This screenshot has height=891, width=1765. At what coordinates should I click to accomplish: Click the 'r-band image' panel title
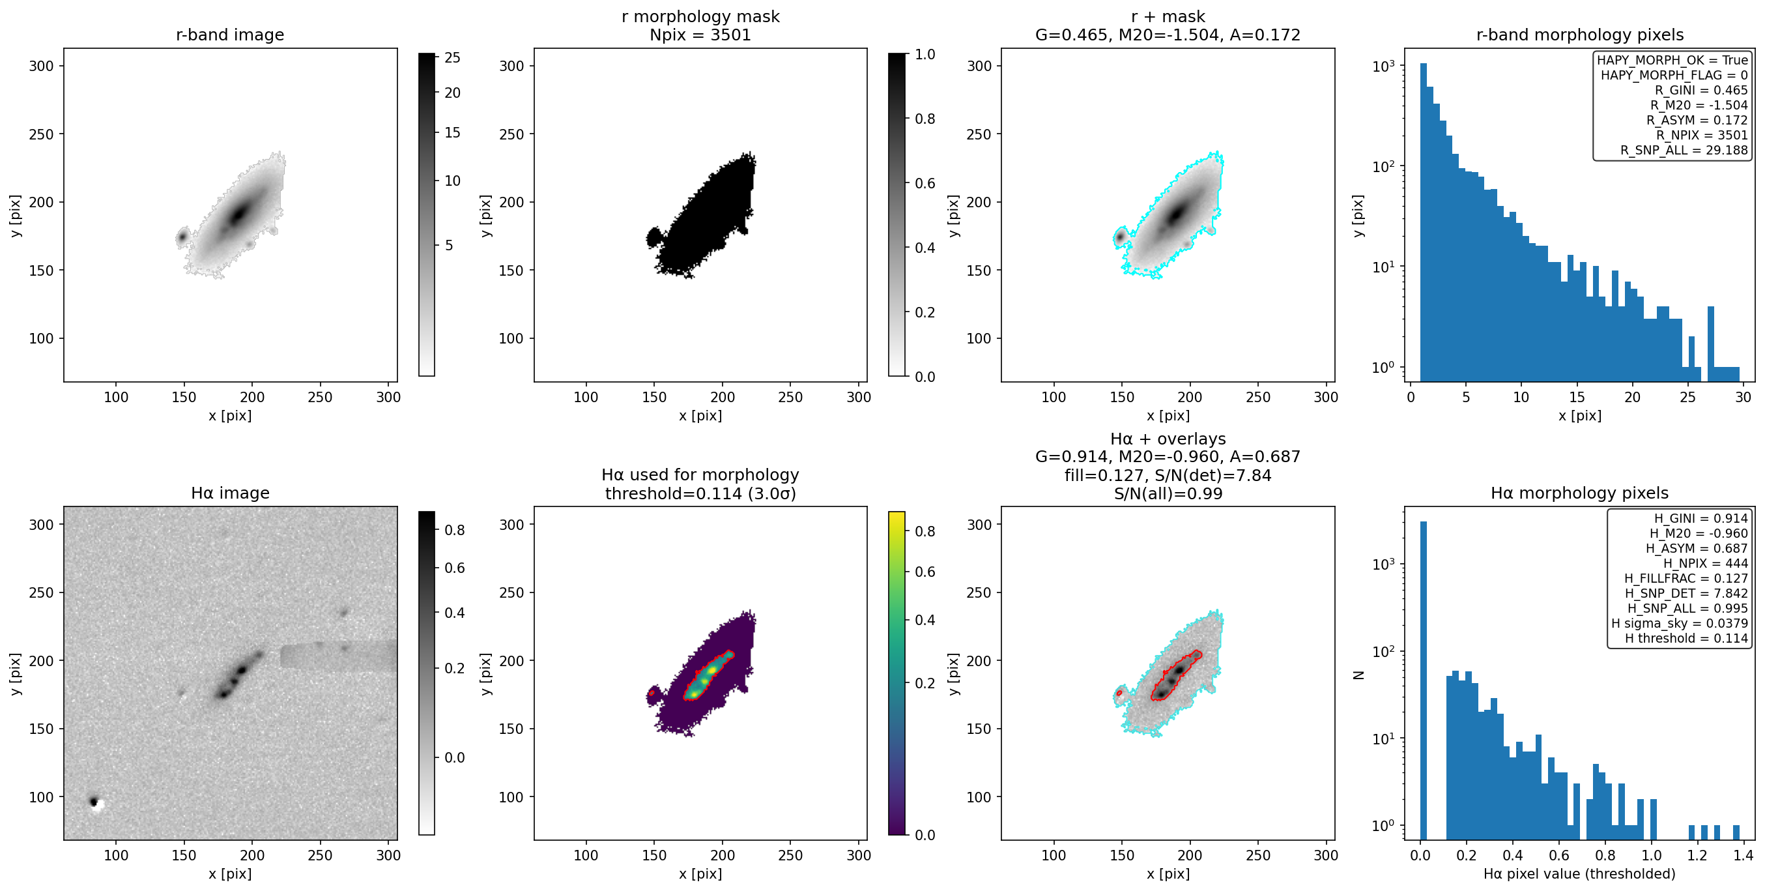pyautogui.click(x=229, y=35)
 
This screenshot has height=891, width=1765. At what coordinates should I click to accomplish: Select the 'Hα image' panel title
pyautogui.click(x=229, y=493)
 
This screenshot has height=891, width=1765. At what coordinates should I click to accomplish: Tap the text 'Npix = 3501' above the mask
pyautogui.click(x=700, y=35)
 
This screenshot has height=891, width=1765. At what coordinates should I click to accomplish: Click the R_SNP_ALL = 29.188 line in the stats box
pyautogui.click(x=1684, y=150)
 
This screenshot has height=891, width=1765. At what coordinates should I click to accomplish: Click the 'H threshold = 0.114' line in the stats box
pyautogui.click(x=1686, y=638)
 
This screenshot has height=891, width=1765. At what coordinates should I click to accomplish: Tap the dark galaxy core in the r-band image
pyautogui.click(x=238, y=214)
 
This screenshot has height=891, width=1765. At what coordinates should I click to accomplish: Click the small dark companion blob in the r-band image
pyautogui.click(x=182, y=237)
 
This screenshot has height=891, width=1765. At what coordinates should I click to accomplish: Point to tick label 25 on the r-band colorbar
pyautogui.click(x=452, y=57)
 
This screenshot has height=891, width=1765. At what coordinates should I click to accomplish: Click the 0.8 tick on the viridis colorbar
pyautogui.click(x=925, y=531)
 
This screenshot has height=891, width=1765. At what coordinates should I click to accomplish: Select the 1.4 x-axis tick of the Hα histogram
pyautogui.click(x=1743, y=854)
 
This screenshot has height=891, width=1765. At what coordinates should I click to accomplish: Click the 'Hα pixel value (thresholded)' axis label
pyautogui.click(x=1579, y=874)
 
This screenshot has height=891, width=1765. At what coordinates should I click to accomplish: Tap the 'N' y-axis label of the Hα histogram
pyautogui.click(x=1359, y=675)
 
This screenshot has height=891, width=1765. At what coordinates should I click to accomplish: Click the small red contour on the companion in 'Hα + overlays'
pyautogui.click(x=1119, y=693)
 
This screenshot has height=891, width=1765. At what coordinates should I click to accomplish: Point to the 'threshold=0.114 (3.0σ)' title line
pyautogui.click(x=700, y=493)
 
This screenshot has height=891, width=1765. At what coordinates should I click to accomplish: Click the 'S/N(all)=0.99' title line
pyautogui.click(x=1168, y=493)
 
